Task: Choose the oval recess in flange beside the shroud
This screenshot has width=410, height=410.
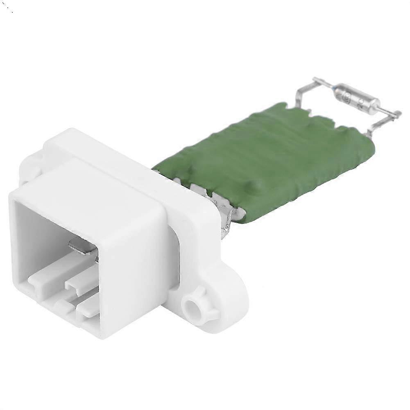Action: pos(174,254)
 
